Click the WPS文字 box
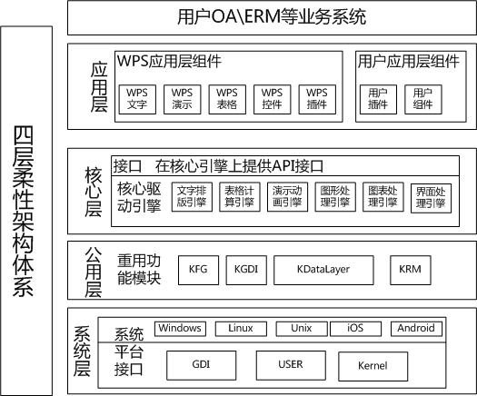(x=137, y=100)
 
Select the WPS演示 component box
(x=183, y=100)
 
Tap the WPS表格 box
(x=227, y=100)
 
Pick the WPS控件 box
(x=273, y=100)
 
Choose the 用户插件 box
(x=378, y=100)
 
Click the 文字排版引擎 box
(x=192, y=197)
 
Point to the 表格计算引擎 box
(x=240, y=197)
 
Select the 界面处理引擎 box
(x=431, y=198)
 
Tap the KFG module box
(x=198, y=270)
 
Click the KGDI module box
(x=246, y=270)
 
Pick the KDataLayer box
(x=323, y=270)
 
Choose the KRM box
(x=411, y=270)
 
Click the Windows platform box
(x=180, y=329)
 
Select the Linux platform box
(x=241, y=329)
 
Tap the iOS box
(x=355, y=329)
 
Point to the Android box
(x=416, y=329)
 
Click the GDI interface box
(x=202, y=365)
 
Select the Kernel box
(x=373, y=366)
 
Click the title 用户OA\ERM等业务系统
(x=272, y=16)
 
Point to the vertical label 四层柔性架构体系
(x=23, y=212)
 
